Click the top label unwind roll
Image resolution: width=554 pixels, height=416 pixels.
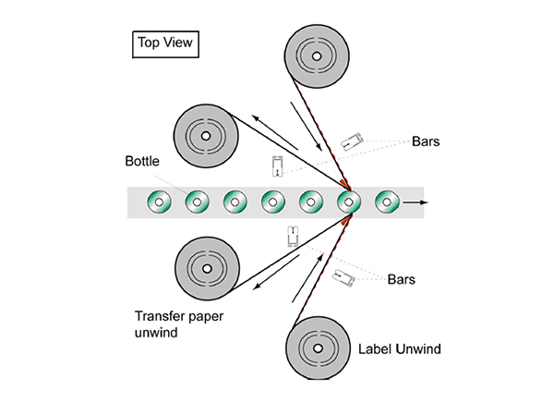click(317, 55)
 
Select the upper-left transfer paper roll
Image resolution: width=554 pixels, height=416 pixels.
click(208, 139)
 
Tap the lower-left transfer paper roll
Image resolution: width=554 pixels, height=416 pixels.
click(208, 270)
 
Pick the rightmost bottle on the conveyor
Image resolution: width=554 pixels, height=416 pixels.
click(388, 200)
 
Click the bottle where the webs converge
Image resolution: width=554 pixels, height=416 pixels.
click(349, 200)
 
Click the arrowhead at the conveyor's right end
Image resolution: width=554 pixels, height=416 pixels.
click(419, 200)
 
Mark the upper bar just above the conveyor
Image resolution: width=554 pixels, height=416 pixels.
click(277, 166)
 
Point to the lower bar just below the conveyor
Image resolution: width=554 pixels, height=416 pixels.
click(293, 236)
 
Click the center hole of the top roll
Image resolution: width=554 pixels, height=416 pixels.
click(317, 55)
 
